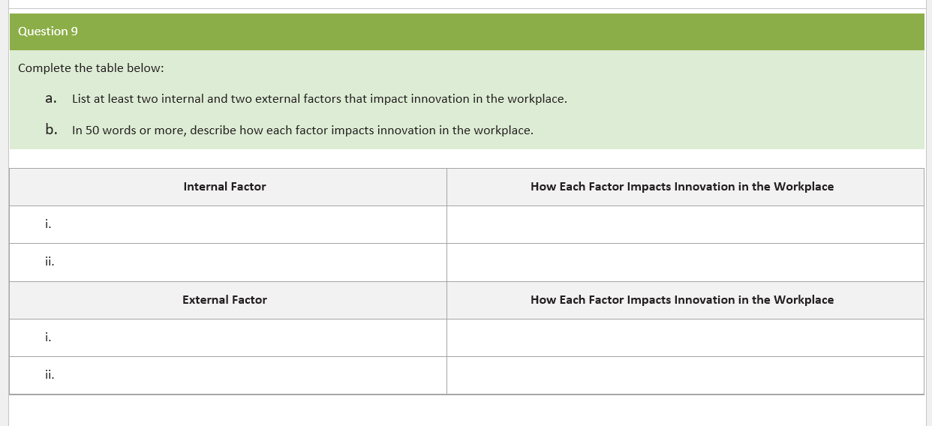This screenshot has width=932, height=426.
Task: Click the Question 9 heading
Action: pyautogui.click(x=48, y=31)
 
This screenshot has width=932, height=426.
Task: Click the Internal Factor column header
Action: pyautogui.click(x=224, y=187)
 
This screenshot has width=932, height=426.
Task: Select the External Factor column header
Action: pyautogui.click(x=224, y=300)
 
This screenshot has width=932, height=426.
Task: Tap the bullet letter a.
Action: pyautogui.click(x=50, y=98)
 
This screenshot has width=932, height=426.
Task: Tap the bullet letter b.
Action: pyautogui.click(x=51, y=130)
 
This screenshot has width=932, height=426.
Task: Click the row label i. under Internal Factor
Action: pyautogui.click(x=48, y=223)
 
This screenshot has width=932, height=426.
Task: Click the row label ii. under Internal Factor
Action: pyautogui.click(x=49, y=262)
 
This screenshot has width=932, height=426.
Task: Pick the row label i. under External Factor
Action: pyautogui.click(x=48, y=337)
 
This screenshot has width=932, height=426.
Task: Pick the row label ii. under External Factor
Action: pyautogui.click(x=49, y=374)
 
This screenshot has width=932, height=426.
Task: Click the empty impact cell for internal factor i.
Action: pyautogui.click(x=684, y=224)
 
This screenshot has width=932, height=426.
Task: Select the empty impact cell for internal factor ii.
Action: pyautogui.click(x=684, y=262)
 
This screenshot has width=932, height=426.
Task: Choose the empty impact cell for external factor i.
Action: pyautogui.click(x=684, y=337)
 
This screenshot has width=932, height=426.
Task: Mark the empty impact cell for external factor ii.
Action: pyautogui.click(x=684, y=375)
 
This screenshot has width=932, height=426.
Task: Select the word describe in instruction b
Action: pyautogui.click(x=213, y=130)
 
